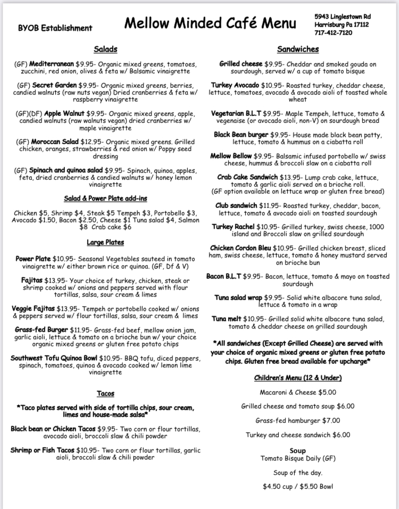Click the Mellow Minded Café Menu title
click(210, 24)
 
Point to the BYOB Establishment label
click(55, 28)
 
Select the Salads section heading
click(105, 49)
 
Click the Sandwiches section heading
click(297, 49)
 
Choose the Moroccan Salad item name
click(55, 143)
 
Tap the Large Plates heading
click(105, 242)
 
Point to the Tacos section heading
click(105, 394)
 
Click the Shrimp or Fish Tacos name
click(43, 450)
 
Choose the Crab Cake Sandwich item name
click(247, 177)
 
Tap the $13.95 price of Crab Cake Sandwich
click(292, 177)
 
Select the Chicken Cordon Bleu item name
click(240, 248)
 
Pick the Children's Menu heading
click(297, 378)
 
